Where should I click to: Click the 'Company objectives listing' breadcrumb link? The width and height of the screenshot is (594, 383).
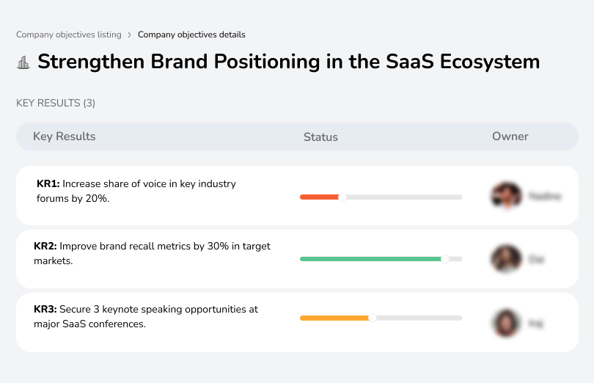click(70, 34)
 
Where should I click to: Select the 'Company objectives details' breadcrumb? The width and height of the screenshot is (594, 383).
click(191, 34)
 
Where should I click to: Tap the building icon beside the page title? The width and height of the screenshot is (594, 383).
click(23, 62)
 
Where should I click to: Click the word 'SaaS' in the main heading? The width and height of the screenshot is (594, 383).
click(411, 62)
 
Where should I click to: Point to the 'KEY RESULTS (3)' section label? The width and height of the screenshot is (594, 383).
click(56, 103)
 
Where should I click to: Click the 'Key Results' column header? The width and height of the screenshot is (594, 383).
click(64, 136)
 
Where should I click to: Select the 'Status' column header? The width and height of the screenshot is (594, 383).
click(320, 137)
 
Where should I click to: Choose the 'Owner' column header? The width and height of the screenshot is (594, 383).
click(510, 136)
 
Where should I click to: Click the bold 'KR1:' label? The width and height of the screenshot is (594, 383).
click(48, 184)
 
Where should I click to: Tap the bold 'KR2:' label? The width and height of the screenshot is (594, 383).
click(45, 247)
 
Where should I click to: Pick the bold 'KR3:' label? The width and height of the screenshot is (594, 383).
click(45, 310)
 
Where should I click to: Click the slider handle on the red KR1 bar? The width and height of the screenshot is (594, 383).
click(342, 197)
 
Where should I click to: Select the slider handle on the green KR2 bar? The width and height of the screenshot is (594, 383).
click(444, 259)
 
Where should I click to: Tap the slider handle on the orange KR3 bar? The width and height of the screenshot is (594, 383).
click(373, 318)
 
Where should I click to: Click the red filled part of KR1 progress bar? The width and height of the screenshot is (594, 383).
click(319, 197)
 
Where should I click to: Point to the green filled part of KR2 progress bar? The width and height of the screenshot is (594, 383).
click(370, 259)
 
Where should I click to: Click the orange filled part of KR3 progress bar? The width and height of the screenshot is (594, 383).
click(334, 318)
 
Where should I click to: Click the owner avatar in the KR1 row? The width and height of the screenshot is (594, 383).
click(506, 196)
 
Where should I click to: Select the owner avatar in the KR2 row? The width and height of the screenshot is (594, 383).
click(506, 259)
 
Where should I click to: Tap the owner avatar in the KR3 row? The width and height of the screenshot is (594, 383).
click(506, 322)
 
